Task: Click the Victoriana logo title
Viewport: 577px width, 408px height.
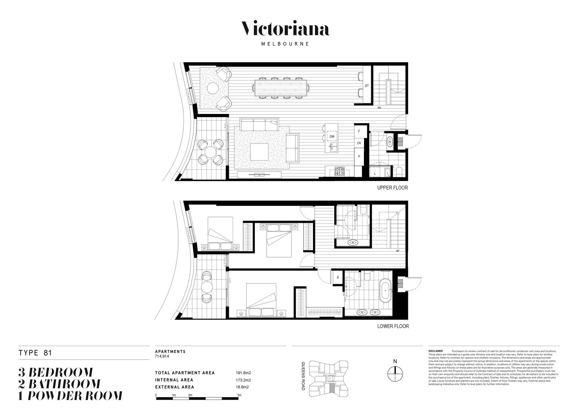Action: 285,29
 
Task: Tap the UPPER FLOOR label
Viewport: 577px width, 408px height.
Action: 392,188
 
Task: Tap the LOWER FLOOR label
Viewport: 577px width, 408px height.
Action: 393,326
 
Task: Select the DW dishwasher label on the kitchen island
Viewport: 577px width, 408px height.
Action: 332,136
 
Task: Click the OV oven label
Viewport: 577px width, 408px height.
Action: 359,143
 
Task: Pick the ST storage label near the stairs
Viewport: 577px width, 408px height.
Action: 366,86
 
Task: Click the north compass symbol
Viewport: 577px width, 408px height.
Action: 395,374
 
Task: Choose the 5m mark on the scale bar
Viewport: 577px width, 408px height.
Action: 239,395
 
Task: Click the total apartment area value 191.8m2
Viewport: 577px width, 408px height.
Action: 244,373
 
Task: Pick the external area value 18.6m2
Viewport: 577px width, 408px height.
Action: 242,387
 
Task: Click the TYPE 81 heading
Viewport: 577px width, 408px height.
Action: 35,353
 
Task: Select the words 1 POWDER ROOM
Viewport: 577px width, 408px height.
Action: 70,396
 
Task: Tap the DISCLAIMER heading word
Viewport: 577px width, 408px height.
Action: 435,351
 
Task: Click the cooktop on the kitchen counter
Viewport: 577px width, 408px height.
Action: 339,172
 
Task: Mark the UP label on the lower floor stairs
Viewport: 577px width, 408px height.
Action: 397,250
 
